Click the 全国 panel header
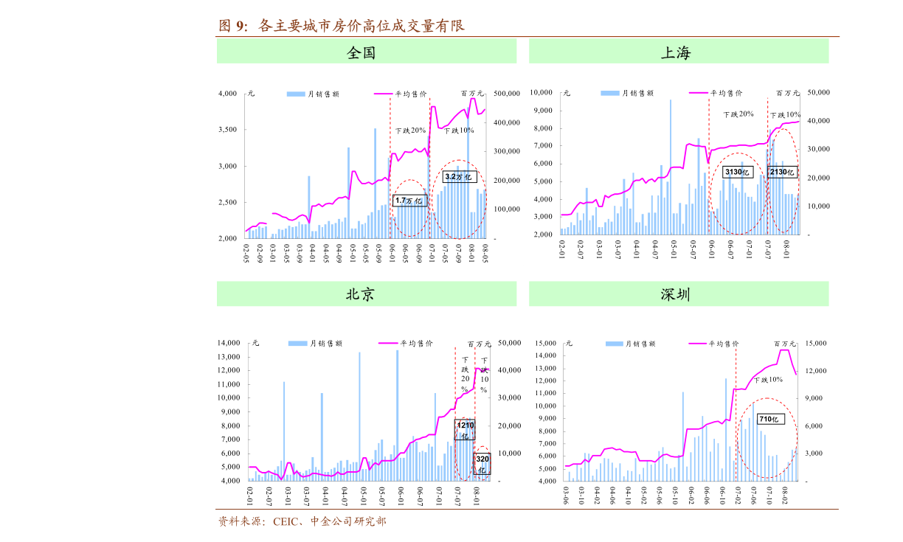pyautogui.click(x=366, y=52)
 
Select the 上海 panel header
pyautogui.click(x=678, y=52)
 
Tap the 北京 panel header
pyautogui.click(x=366, y=294)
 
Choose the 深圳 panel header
pyautogui.click(x=678, y=294)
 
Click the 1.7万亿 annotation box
pyautogui.click(x=409, y=201)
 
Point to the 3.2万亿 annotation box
pyautogui.click(x=458, y=177)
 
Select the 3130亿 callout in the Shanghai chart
pyautogui.click(x=737, y=172)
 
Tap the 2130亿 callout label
pyautogui.click(x=781, y=172)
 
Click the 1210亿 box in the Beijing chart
pyautogui.click(x=465, y=431)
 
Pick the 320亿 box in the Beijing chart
pyautogui.click(x=482, y=464)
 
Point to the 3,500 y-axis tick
pyautogui.click(x=228, y=130)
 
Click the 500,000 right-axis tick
pyautogui.click(x=509, y=94)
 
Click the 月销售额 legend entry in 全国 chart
pyautogui.click(x=314, y=94)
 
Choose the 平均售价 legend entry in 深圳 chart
pyautogui.click(x=713, y=344)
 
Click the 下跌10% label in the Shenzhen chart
pyautogui.click(x=768, y=380)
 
